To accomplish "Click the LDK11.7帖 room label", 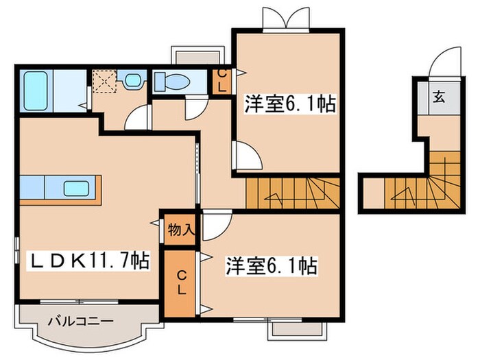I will (88, 261).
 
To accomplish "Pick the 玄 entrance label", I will (437, 96).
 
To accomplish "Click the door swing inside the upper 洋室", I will (247, 156).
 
